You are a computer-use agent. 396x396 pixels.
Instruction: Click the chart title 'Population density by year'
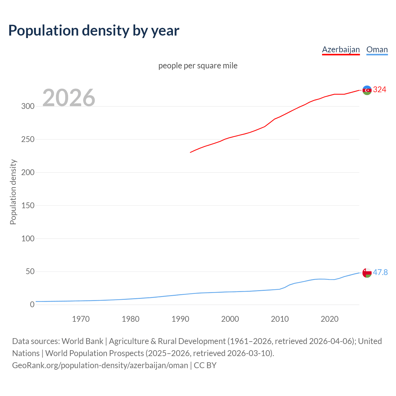pyautogui.click(x=94, y=31)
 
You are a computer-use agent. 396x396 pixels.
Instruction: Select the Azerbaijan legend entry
pyautogui.click(x=341, y=49)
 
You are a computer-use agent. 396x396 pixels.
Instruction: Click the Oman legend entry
pyautogui.click(x=377, y=49)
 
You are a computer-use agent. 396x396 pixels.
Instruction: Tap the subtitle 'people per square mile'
pyautogui.click(x=198, y=66)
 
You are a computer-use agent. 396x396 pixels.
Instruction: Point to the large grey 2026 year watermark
pyautogui.click(x=69, y=98)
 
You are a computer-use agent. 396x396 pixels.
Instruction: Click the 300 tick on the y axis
pyautogui.click(x=28, y=106)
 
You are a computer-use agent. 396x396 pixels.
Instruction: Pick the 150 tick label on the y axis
pyautogui.click(x=28, y=205)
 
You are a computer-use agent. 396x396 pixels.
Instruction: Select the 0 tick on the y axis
pyautogui.click(x=32, y=305)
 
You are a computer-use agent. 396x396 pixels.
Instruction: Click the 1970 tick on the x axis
pyautogui.click(x=81, y=319)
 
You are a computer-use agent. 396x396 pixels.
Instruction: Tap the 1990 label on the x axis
pyautogui.click(x=180, y=319)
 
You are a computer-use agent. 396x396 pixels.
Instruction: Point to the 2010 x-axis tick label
pyautogui.click(x=280, y=319)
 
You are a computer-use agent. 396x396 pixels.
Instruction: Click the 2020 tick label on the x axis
pyautogui.click(x=329, y=319)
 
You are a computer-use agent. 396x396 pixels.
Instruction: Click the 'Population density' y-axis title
pyautogui.click(x=13, y=192)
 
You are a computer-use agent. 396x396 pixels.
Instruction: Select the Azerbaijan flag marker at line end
pyautogui.click(x=367, y=90)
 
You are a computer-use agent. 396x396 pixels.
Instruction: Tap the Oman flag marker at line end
pyautogui.click(x=367, y=273)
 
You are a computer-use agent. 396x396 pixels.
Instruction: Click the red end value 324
pyautogui.click(x=380, y=90)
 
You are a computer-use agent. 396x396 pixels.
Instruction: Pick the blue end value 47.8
pyautogui.click(x=380, y=272)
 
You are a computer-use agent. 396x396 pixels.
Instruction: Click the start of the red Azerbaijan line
pyautogui.click(x=191, y=152)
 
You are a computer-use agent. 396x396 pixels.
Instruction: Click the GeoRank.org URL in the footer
pyautogui.click(x=100, y=365)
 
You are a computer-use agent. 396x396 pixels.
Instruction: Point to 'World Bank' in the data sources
pyautogui.click(x=82, y=341)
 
